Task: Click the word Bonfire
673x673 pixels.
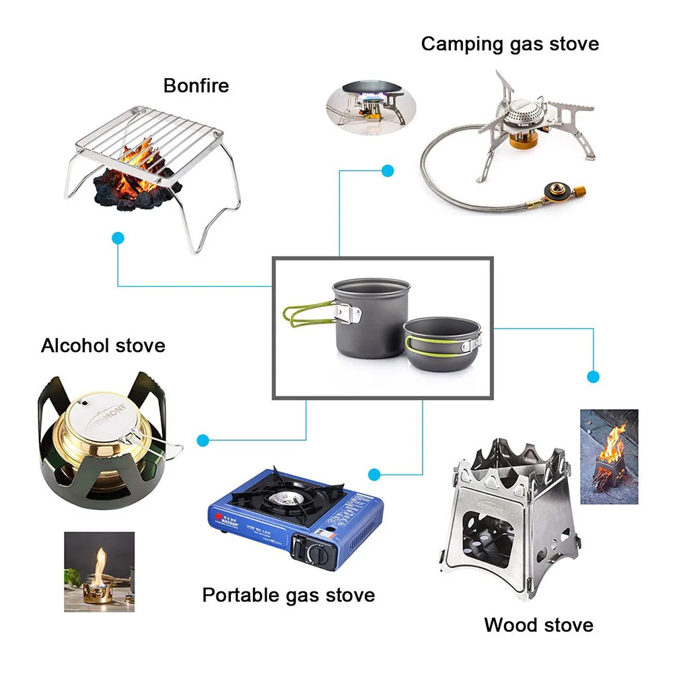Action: pos(196,86)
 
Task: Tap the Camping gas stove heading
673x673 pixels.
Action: pos(509,44)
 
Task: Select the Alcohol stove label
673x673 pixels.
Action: pos(103,346)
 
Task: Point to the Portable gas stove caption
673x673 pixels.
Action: pos(288,595)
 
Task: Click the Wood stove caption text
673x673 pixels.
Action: pos(538,625)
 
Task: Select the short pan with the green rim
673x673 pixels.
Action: pos(443,343)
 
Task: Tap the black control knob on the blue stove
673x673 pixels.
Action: pos(316,553)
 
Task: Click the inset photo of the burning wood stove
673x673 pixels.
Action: pos(608,456)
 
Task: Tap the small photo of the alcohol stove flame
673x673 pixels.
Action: pos(99,571)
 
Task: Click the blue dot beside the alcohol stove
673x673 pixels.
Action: pos(203,440)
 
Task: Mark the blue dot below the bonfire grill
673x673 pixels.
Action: pos(118,238)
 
